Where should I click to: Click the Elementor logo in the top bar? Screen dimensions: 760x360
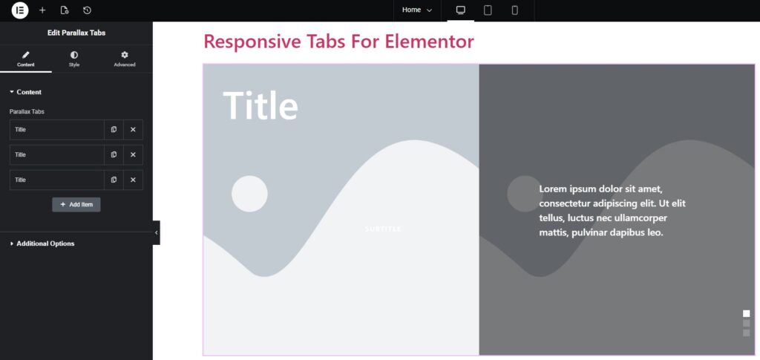click(20, 10)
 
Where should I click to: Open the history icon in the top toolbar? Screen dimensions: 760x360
click(88, 10)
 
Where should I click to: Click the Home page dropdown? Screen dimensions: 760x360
click(417, 10)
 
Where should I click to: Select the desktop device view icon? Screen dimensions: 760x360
click(460, 10)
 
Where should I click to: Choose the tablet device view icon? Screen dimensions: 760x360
click(488, 10)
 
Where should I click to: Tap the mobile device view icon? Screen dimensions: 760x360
click(515, 10)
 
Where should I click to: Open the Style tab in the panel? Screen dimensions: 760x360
click(73, 59)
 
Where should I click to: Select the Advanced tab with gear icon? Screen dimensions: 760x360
click(125, 59)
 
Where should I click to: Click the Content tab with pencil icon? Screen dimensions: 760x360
click(26, 59)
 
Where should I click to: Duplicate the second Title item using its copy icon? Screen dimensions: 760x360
click(114, 154)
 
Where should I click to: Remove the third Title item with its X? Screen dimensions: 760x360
click(134, 180)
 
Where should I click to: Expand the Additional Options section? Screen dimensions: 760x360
click(45, 243)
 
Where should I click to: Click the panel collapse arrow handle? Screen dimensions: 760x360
click(156, 232)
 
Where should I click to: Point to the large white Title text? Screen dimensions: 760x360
click(261, 105)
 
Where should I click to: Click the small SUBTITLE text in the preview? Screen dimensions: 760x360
click(383, 229)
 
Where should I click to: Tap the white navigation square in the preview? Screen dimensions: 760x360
click(747, 313)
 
